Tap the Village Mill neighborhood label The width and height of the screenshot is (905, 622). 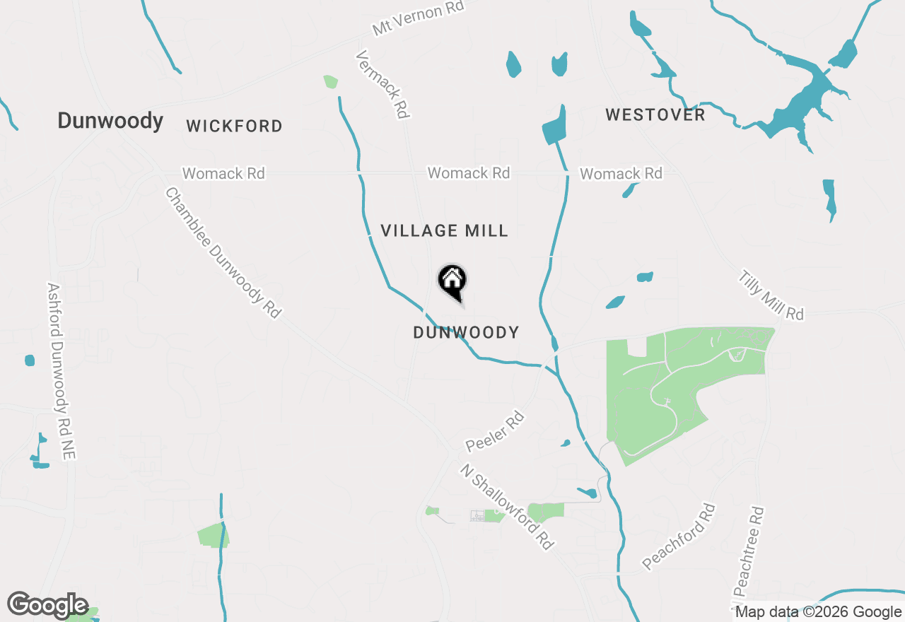(x=444, y=230)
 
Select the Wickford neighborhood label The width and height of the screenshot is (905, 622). (x=234, y=127)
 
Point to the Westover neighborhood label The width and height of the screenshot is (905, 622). (x=655, y=115)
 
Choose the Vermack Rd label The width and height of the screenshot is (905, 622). (x=383, y=84)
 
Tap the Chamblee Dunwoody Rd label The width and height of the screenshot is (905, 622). (x=223, y=252)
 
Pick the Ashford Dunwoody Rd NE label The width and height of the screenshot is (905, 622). (x=61, y=371)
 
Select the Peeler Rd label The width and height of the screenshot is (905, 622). (x=495, y=432)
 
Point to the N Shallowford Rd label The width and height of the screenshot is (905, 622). (x=506, y=506)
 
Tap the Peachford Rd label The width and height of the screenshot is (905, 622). (x=679, y=537)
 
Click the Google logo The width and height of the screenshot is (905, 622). (x=47, y=605)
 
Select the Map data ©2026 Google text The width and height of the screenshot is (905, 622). (x=818, y=612)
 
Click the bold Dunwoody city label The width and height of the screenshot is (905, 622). (x=110, y=121)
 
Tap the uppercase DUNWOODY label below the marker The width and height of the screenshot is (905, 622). (x=466, y=332)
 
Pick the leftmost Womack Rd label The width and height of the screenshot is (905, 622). (x=223, y=173)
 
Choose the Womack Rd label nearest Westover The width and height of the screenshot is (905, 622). (x=621, y=174)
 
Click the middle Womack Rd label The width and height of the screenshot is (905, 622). (x=468, y=173)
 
